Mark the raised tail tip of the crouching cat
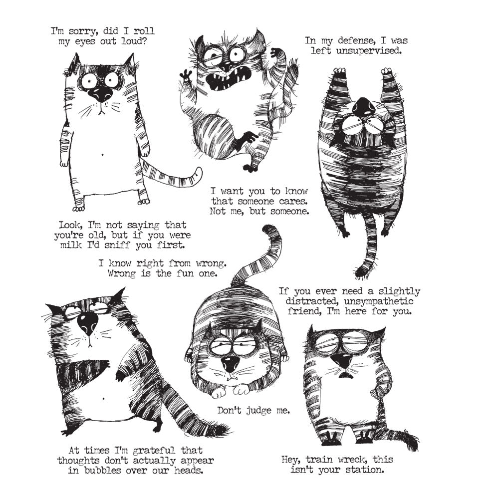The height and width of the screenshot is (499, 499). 269,231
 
